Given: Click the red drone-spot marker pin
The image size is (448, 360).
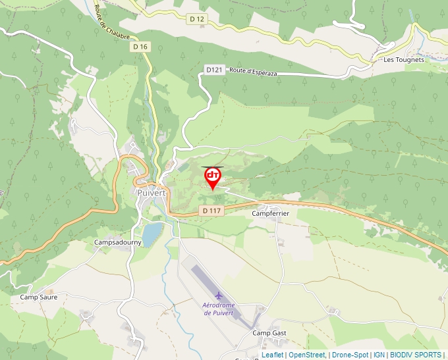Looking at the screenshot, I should tap(213, 177).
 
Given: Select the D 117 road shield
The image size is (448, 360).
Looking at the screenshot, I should tap(210, 211).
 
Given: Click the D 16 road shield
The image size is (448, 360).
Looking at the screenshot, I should tap(140, 47).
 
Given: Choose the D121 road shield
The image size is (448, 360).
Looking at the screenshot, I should tap(214, 69).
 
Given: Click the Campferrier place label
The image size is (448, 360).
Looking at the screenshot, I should tap(271, 214).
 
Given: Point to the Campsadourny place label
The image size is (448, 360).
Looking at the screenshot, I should tap(118, 242).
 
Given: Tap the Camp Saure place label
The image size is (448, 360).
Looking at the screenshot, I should tap(38, 297).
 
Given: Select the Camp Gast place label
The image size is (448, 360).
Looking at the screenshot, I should tap(269, 333).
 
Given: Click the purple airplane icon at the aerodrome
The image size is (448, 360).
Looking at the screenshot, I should tap(219, 296).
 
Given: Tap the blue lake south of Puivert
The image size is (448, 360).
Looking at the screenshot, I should tap(152, 234).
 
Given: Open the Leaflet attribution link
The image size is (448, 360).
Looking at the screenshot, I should tap(272, 355).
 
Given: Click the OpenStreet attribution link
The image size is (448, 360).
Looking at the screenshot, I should tap(306, 355).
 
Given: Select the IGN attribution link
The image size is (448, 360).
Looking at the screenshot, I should tap(379, 355).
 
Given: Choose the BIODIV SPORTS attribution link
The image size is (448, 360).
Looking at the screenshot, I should tap(416, 355).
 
